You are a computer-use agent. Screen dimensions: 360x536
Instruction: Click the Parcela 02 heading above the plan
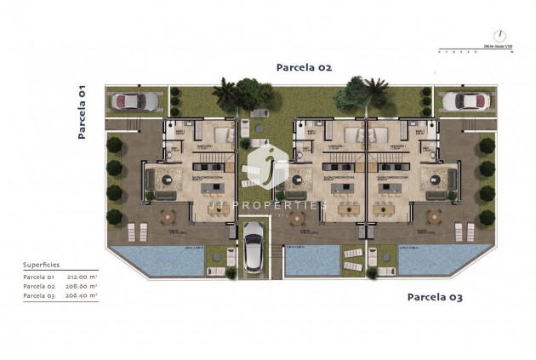(304, 66)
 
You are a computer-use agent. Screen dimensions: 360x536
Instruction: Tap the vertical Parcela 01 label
(83, 111)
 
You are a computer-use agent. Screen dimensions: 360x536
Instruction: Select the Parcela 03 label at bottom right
(435, 296)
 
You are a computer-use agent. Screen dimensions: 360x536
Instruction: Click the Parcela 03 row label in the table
(38, 295)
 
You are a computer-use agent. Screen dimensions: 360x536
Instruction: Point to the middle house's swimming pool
(311, 260)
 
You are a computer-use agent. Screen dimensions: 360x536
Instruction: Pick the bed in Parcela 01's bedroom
(224, 134)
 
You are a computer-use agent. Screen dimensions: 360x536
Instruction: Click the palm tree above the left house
(225, 91)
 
